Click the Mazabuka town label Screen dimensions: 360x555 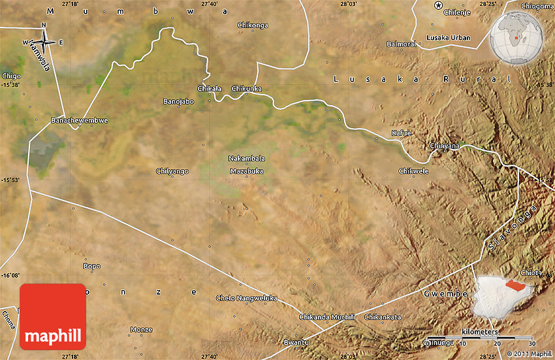coord(246,171)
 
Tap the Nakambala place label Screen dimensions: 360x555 coord(247,158)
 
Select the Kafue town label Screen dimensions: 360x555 coord(401,133)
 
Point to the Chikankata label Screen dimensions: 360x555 coord(383,317)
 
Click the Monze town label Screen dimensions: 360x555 coord(142,329)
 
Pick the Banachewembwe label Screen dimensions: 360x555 coord(80,120)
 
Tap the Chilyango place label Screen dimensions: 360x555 coord(172,171)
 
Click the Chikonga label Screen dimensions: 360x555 coord(253,25)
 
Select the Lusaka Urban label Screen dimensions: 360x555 coord(448,38)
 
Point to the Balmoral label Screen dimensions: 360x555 coord(401,44)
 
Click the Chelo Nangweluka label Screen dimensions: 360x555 coord(247,298)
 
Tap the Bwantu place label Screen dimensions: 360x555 coord(295,342)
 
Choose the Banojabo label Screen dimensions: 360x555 coord(178,101)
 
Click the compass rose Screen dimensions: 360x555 coord(44,41)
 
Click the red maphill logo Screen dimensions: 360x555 coord(53,317)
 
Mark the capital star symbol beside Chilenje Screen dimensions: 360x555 coord(438,6)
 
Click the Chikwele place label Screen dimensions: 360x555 coord(413,171)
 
